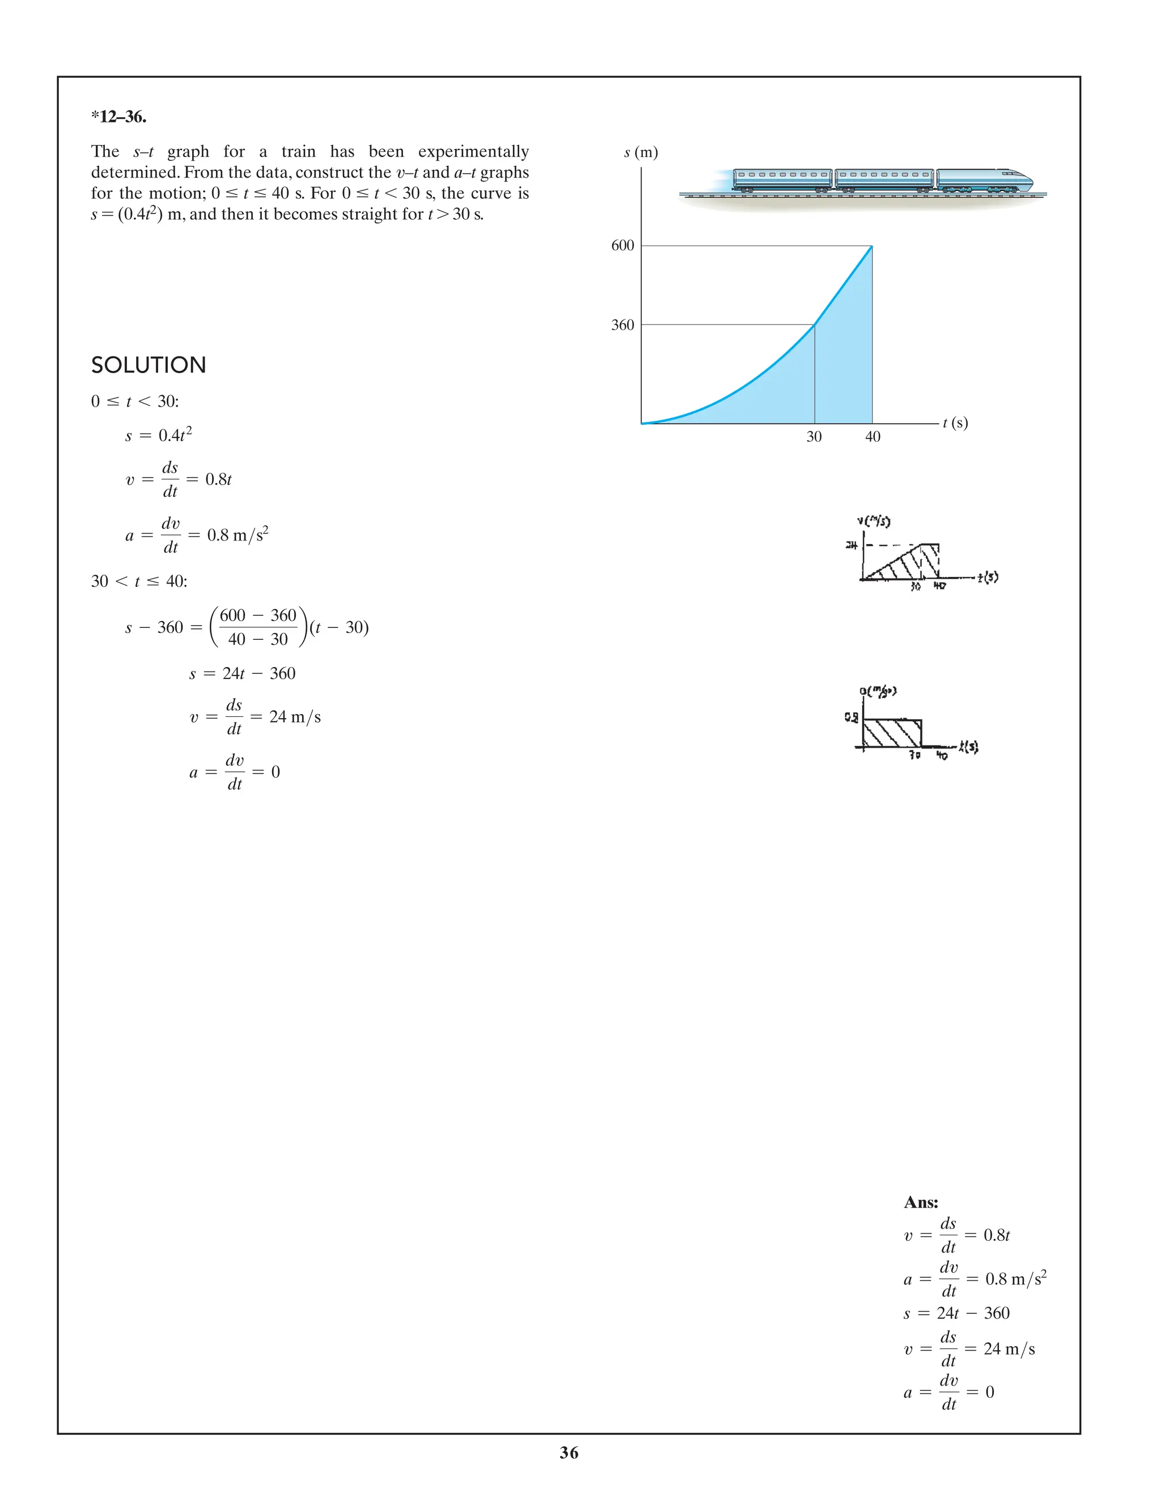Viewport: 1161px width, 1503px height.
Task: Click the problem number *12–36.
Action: pos(118,117)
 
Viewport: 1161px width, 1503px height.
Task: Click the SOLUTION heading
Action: pos(149,365)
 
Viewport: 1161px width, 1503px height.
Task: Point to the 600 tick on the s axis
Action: pos(622,246)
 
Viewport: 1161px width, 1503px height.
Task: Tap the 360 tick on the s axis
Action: pos(622,325)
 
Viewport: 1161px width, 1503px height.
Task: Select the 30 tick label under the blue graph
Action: pos(813,437)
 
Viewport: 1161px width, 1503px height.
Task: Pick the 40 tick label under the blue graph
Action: pos(872,437)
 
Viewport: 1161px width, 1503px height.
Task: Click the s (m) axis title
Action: pos(641,153)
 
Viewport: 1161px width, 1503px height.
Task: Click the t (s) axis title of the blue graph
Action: pos(955,423)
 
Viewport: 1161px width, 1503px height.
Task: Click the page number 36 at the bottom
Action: pos(569,1453)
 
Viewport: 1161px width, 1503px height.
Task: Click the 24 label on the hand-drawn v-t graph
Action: pos(851,546)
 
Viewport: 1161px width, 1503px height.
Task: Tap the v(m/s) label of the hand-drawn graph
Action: pos(874,521)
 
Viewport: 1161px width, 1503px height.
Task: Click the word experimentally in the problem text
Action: pos(473,151)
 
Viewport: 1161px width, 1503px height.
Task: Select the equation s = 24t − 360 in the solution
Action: pos(242,674)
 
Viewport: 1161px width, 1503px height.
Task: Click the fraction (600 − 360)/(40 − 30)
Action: pos(258,627)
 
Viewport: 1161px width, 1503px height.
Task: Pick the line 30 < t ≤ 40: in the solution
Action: pos(139,581)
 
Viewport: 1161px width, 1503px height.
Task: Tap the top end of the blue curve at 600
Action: pos(871,246)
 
